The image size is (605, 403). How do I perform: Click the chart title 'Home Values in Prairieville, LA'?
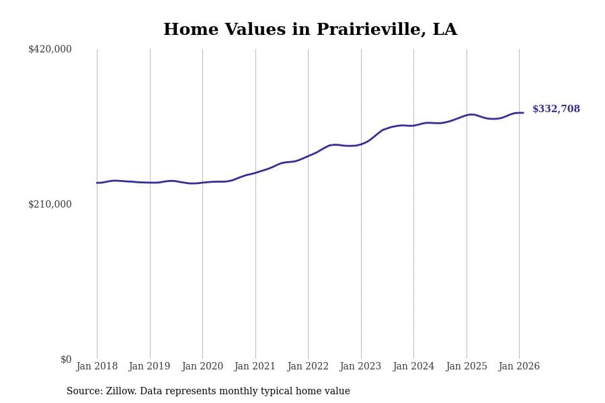[310, 30]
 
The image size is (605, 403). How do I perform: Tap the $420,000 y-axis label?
[50, 49]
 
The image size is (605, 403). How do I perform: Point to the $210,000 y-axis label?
[50, 204]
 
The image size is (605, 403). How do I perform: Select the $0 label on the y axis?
[66, 359]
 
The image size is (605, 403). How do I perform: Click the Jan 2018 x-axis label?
[97, 367]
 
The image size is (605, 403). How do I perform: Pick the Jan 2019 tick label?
[149, 367]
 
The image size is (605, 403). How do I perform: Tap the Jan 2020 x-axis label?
[202, 367]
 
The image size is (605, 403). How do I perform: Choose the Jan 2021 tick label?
[255, 367]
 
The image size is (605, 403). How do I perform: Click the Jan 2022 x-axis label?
[308, 367]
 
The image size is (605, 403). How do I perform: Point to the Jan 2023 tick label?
[360, 367]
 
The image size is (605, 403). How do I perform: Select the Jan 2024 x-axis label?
[413, 367]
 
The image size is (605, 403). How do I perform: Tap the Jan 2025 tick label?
[467, 367]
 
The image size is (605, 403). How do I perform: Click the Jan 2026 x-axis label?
[519, 367]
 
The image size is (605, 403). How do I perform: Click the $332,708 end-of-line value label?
[556, 109]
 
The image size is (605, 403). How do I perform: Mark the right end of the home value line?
[523, 113]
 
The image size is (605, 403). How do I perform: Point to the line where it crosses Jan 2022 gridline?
[308, 156]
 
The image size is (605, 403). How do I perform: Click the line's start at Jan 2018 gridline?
[97, 183]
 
